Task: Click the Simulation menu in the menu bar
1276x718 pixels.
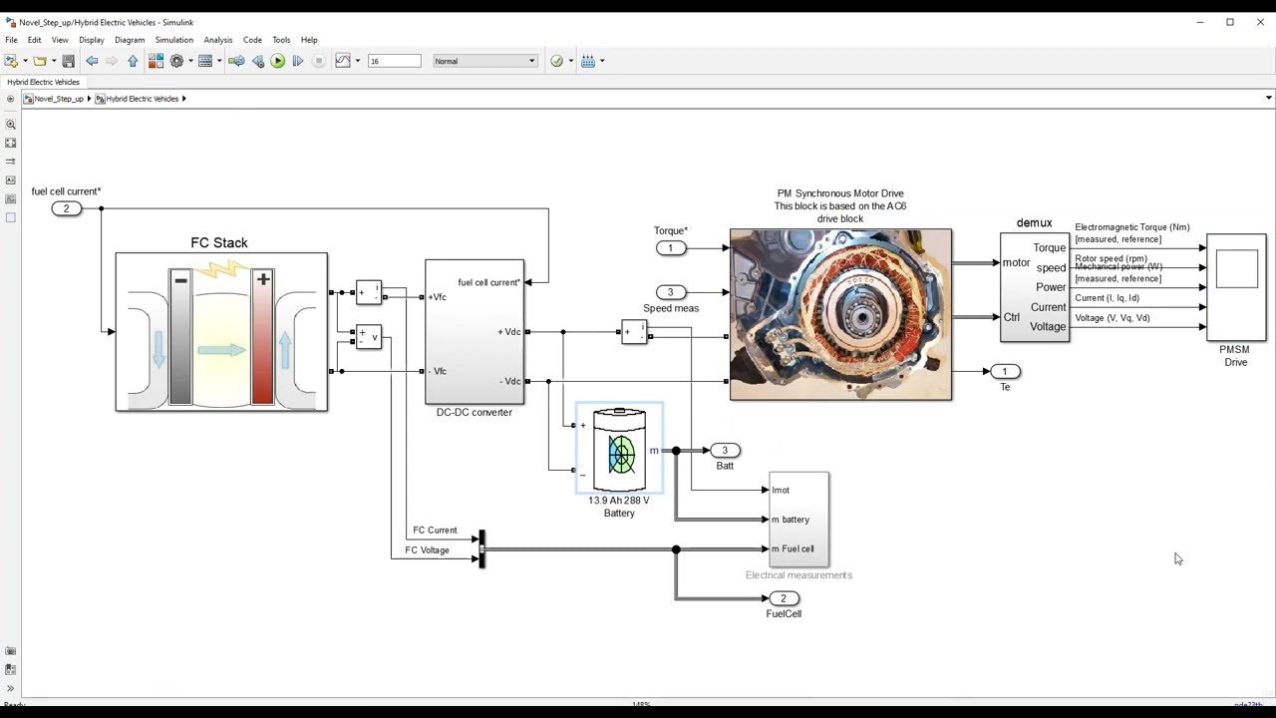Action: point(173,40)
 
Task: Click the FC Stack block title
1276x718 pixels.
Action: point(219,242)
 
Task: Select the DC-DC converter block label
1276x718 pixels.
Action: point(474,412)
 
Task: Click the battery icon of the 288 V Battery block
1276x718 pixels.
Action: point(620,451)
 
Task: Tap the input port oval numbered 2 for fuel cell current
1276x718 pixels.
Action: point(67,208)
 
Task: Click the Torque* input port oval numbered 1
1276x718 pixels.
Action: point(671,248)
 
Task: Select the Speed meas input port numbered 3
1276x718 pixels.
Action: point(671,292)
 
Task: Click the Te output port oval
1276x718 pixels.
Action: point(1005,371)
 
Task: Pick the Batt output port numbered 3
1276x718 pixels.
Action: point(725,451)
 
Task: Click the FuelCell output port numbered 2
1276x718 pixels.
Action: point(784,598)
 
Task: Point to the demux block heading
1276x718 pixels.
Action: point(1034,223)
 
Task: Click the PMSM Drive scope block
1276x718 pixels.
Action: point(1236,288)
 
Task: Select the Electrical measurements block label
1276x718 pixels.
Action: point(798,575)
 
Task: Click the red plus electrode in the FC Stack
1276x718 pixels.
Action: point(263,337)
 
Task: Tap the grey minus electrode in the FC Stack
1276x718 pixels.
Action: point(180,337)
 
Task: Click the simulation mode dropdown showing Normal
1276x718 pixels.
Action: point(485,61)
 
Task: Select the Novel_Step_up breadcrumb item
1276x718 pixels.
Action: point(59,99)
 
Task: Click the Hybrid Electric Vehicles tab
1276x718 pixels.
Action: point(43,82)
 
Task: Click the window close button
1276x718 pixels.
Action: point(1259,22)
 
